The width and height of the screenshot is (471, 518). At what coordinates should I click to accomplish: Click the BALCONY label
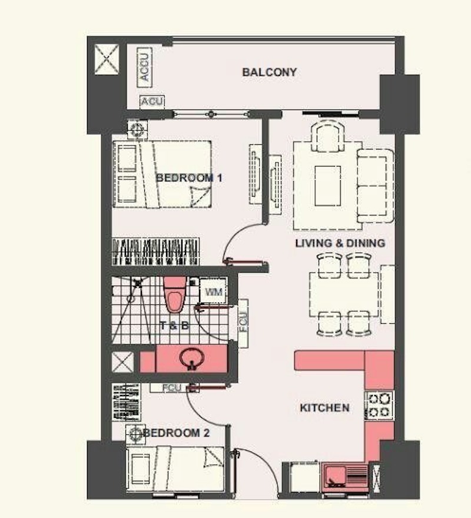tap(269, 72)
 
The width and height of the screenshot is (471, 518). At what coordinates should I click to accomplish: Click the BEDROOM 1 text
tap(184, 177)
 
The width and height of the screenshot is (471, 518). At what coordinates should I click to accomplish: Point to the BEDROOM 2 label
tap(177, 433)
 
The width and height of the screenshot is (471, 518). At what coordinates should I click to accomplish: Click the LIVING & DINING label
tap(340, 243)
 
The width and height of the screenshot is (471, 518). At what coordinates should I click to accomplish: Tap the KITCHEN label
tap(324, 407)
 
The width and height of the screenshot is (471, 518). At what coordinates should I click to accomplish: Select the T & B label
tap(174, 325)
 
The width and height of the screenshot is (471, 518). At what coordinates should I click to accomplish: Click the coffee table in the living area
tap(327, 185)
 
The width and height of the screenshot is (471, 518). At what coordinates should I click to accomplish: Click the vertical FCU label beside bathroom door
tap(243, 324)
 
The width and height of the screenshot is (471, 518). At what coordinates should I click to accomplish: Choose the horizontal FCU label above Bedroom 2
tap(172, 388)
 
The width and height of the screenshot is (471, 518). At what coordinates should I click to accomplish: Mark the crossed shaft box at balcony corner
tap(107, 58)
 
